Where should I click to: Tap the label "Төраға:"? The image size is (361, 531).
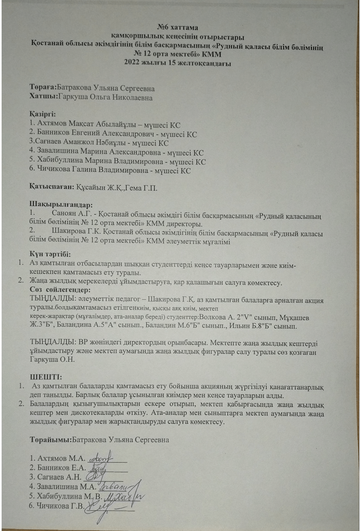pyautogui.click(x=43, y=88)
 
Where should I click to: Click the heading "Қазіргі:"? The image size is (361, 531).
pyautogui.click(x=42, y=114)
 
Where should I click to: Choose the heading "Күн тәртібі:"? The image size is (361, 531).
pyautogui.click(x=50, y=254)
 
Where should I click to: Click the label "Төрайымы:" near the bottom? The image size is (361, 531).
pyautogui.click(x=51, y=440)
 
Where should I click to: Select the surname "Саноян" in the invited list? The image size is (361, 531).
pyautogui.click(x=63, y=213)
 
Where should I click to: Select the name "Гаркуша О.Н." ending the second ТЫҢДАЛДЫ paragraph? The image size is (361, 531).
pyautogui.click(x=52, y=359)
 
